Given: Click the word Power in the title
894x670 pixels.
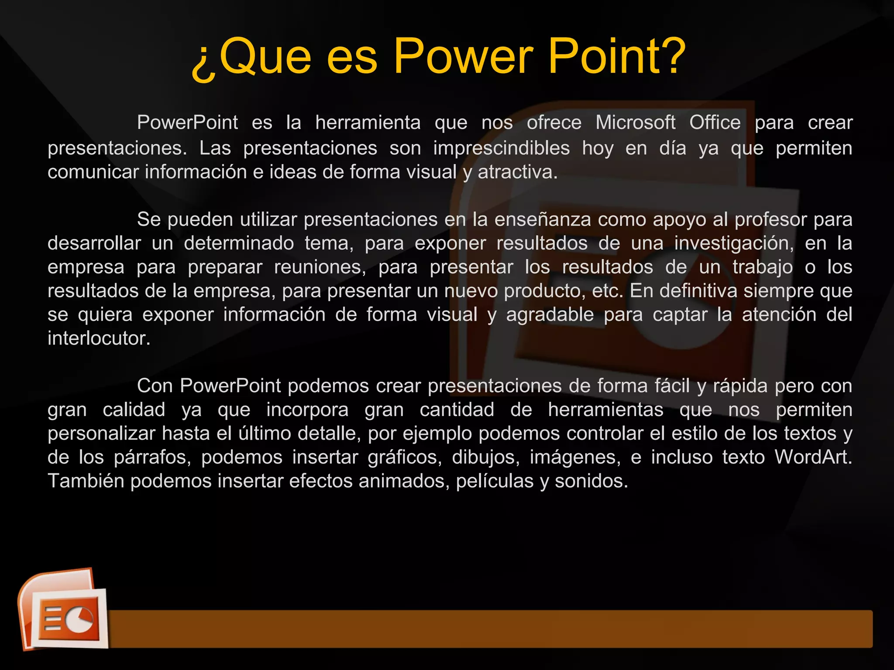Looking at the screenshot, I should click(x=463, y=57).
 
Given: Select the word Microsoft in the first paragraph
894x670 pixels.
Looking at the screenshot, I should click(x=635, y=123).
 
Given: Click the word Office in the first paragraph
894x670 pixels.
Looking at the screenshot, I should click(x=715, y=123).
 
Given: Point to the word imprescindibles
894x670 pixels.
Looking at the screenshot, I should click(x=501, y=148).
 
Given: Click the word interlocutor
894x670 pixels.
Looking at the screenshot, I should click(x=99, y=338).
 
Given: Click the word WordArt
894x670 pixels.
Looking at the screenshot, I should click(x=813, y=457).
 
